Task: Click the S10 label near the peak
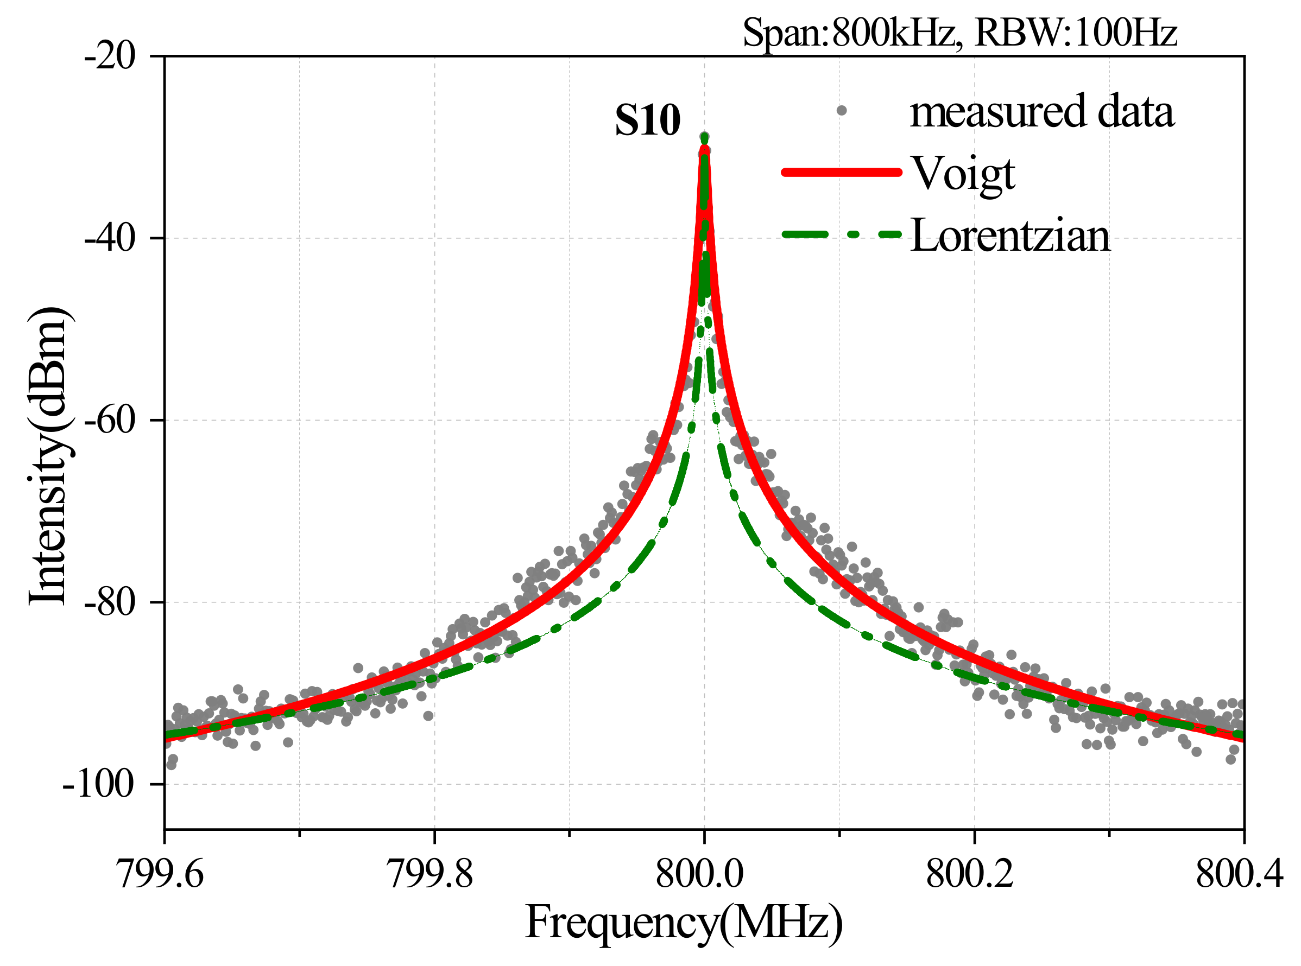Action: pyautogui.click(x=648, y=120)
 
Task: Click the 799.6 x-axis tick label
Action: pyautogui.click(x=161, y=875)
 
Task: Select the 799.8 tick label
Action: pyautogui.click(x=431, y=875)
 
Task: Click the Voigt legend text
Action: pyautogui.click(x=963, y=174)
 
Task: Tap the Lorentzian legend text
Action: pyautogui.click(x=1009, y=236)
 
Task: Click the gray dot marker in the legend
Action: pyautogui.click(x=841, y=111)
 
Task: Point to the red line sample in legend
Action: pyautogui.click(x=841, y=172)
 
